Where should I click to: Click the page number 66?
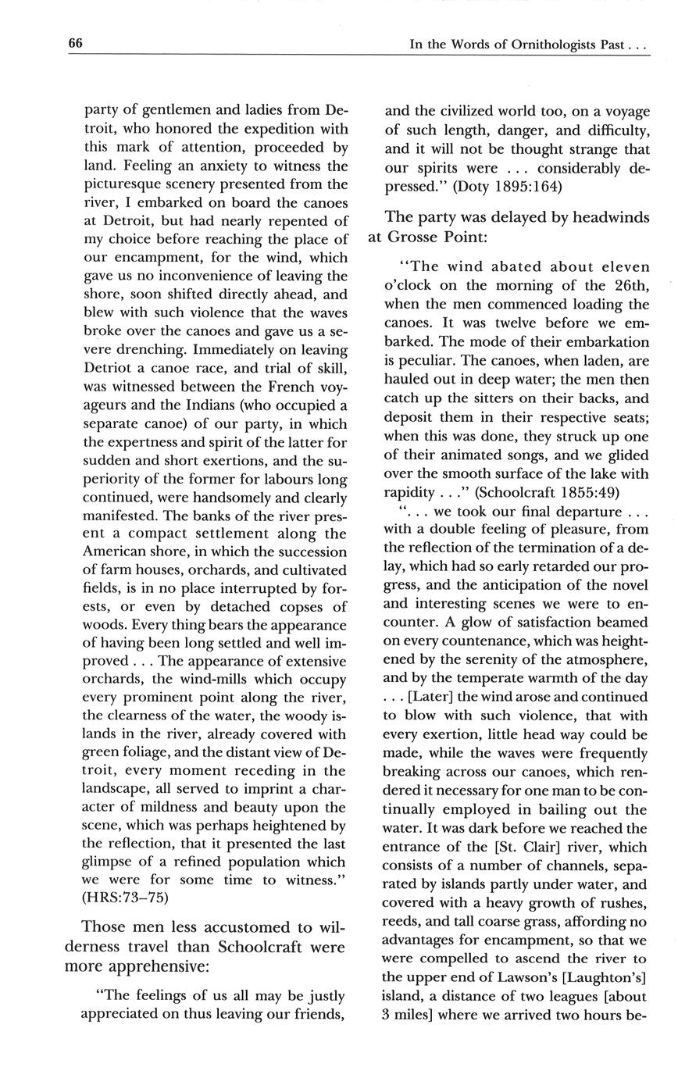pyautogui.click(x=75, y=44)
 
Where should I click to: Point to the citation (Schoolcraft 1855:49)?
pyautogui.click(x=535, y=491)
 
